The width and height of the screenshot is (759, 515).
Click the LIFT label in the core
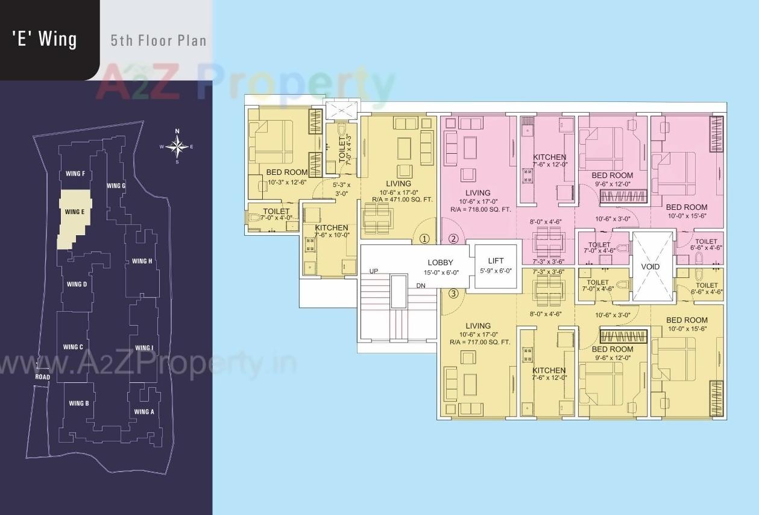(495, 261)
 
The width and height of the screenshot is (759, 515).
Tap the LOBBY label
(440, 263)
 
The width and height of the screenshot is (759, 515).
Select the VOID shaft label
(650, 267)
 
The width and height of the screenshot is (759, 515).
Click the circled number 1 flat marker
(424, 239)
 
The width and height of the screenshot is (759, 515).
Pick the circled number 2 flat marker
(453, 239)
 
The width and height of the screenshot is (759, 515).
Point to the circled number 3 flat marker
(453, 294)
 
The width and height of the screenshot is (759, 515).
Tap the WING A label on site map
(144, 412)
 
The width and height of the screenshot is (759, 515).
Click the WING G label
(116, 186)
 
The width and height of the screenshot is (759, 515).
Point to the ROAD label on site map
(42, 378)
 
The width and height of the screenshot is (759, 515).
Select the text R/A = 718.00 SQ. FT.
(480, 209)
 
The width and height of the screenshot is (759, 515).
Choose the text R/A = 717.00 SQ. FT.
(480, 342)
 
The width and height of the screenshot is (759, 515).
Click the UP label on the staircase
(374, 271)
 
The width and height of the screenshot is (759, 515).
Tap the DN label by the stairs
(420, 285)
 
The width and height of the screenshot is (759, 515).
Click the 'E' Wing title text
(45, 39)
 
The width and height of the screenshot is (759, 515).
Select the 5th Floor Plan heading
(159, 41)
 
